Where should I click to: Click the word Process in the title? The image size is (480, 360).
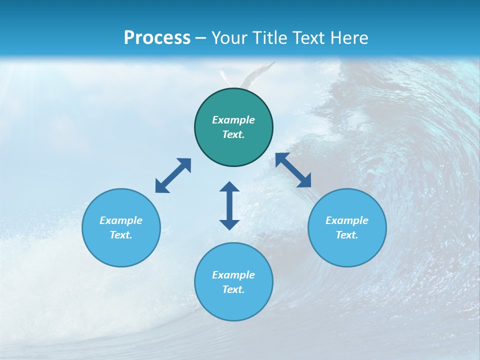[157, 37]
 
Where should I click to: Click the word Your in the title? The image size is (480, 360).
[229, 37]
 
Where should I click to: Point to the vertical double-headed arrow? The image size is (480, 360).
[229, 205]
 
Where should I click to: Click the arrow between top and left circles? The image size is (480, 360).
[173, 175]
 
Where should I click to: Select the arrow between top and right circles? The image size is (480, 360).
[293, 170]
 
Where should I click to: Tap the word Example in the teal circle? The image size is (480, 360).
[233, 120]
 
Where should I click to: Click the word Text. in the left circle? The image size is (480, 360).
[121, 235]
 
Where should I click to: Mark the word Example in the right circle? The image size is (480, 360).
[347, 220]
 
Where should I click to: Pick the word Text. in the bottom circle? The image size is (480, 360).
[233, 289]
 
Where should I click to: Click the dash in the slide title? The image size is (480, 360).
[201, 38]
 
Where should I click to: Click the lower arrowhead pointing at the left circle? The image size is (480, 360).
[161, 187]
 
